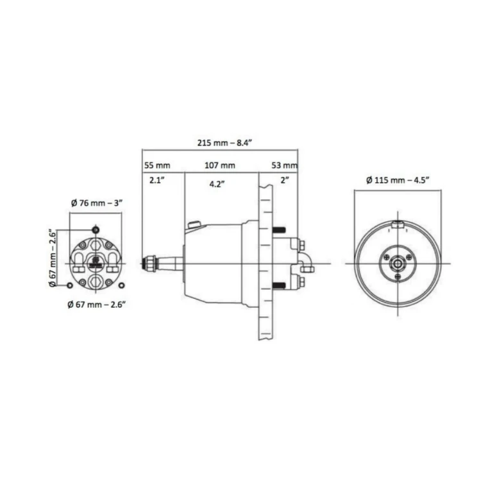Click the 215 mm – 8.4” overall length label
click(x=224, y=143)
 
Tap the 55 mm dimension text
click(x=157, y=165)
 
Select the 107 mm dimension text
click(x=220, y=165)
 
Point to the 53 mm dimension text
click(x=284, y=165)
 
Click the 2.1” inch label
click(x=157, y=180)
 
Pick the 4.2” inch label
click(x=217, y=184)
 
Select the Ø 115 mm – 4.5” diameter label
click(x=398, y=180)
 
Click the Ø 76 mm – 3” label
click(x=97, y=203)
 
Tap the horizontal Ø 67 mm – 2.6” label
click(x=97, y=305)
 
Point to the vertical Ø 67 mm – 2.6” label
click(x=53, y=258)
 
